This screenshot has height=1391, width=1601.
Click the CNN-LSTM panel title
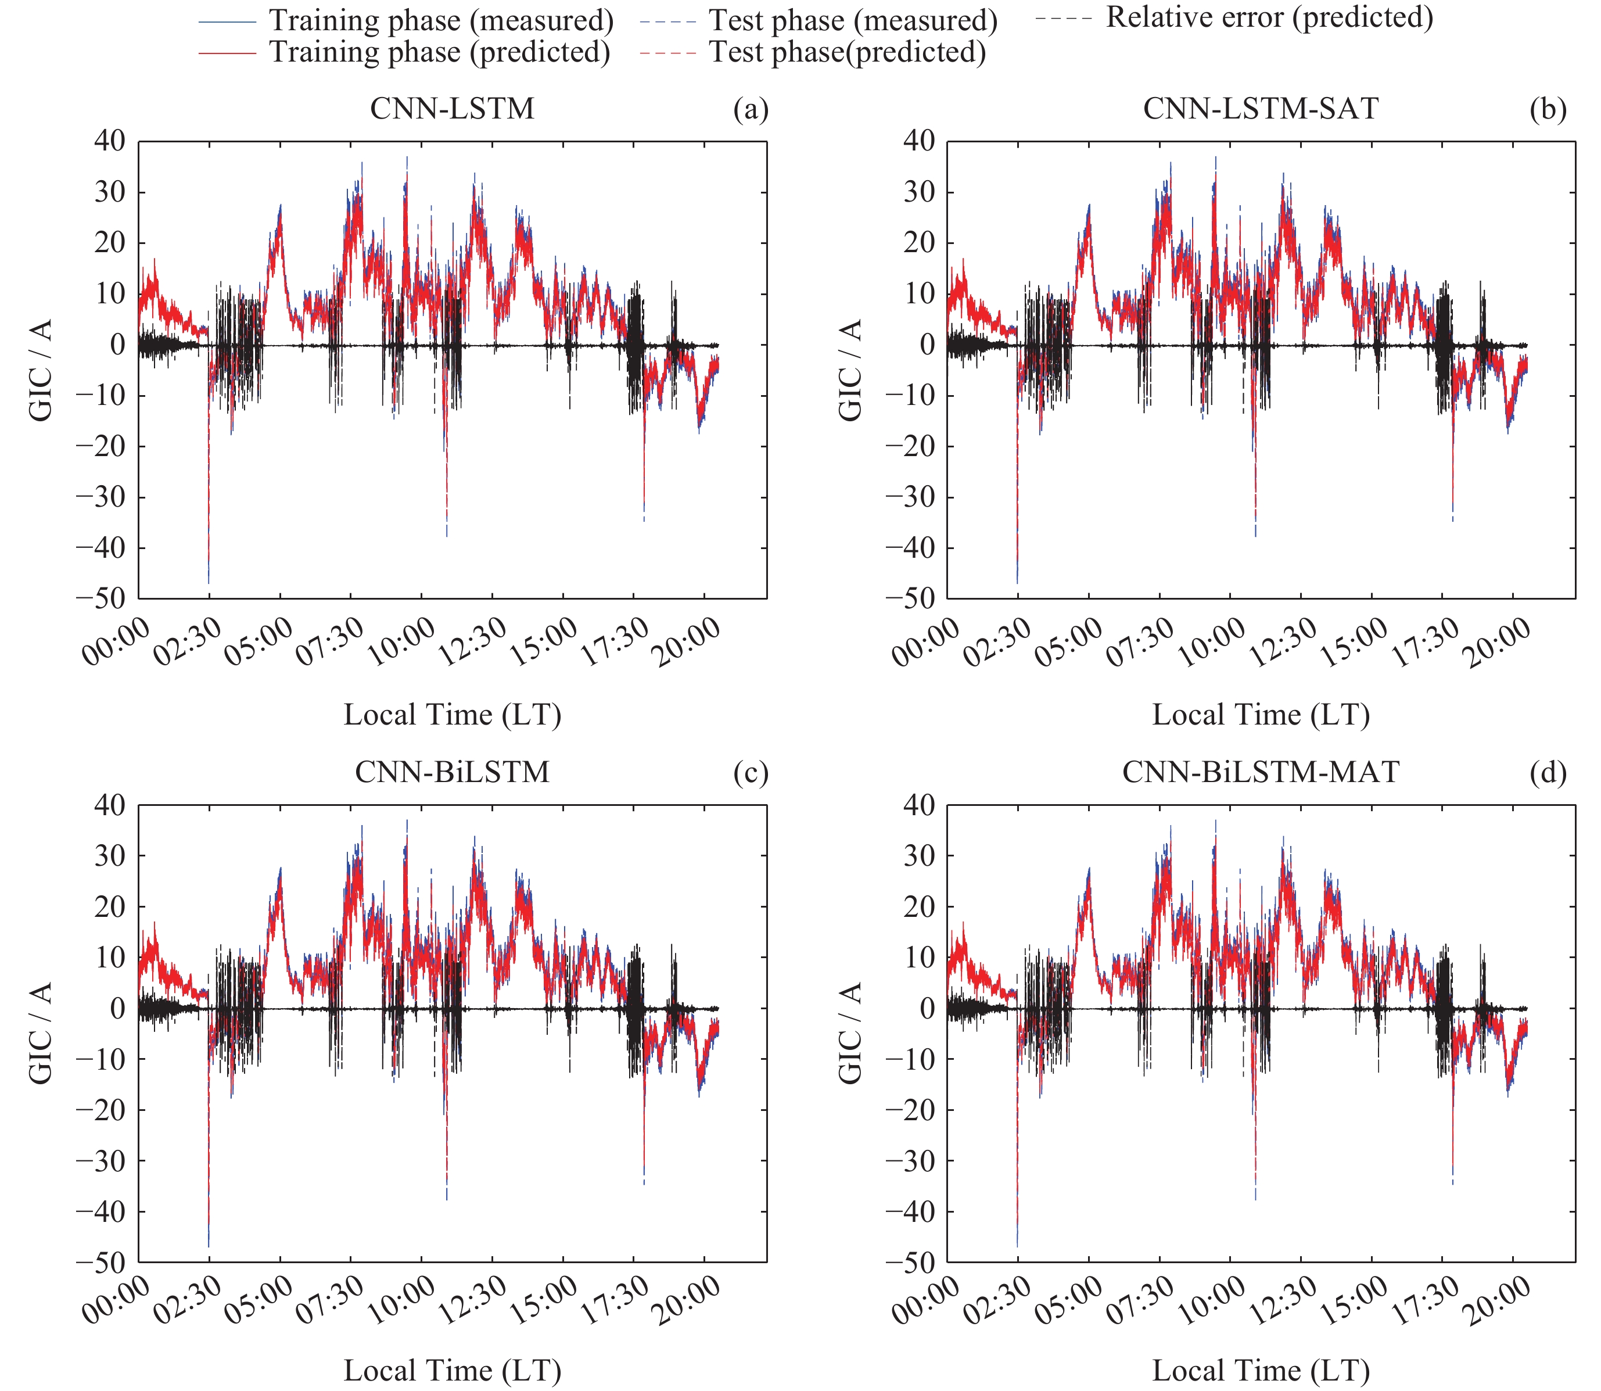click(x=453, y=108)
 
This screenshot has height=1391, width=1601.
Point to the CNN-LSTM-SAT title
click(x=1261, y=108)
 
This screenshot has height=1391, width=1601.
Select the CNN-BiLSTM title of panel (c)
click(x=453, y=772)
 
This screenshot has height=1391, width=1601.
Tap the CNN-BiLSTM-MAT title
click(x=1261, y=772)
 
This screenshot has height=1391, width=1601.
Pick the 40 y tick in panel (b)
click(x=920, y=141)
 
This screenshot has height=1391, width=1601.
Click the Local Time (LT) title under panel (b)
click(x=1261, y=714)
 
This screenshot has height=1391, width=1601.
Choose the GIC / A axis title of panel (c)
click(x=40, y=1033)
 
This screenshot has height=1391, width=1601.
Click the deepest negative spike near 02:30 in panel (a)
click(x=209, y=578)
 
